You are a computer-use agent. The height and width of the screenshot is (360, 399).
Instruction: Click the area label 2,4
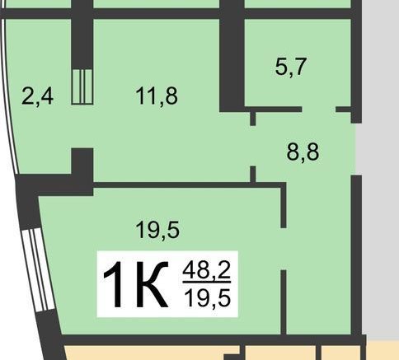pos(37,96)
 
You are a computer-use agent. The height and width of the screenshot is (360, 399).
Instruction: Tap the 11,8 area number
pos(157,96)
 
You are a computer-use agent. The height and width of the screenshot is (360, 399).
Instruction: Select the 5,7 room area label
pos(291,67)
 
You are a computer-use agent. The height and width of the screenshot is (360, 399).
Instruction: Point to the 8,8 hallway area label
pos(303,152)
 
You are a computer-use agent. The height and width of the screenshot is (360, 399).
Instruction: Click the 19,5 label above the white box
pos(157,230)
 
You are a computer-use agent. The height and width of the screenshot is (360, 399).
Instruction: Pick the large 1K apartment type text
pos(135,284)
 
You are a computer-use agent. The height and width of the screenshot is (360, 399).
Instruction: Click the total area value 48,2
pos(206,270)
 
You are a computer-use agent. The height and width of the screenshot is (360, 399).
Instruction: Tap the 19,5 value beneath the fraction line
pos(208,298)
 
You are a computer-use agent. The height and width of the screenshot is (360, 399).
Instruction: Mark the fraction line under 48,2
pos(207,282)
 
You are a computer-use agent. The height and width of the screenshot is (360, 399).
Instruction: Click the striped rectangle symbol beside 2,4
pos(82,86)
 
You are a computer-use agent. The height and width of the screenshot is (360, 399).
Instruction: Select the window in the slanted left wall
pos(39,269)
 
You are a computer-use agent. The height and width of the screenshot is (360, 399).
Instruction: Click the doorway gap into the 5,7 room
pos(319,110)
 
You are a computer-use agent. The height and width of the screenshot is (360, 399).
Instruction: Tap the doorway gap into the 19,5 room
pos(284,249)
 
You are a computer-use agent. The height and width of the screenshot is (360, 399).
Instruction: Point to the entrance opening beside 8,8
pos(356,149)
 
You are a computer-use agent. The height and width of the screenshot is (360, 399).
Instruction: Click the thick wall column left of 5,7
pos(232,56)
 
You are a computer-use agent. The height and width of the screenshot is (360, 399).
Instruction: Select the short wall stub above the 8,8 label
pos(253,119)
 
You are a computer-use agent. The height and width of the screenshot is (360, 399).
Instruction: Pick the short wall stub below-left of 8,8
pos(253,174)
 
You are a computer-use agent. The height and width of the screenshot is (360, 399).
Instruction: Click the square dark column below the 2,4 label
pos(82,162)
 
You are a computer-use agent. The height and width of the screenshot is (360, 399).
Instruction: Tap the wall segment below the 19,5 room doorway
pos(284,302)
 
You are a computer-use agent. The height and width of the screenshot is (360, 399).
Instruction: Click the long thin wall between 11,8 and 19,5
pos(187,185)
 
